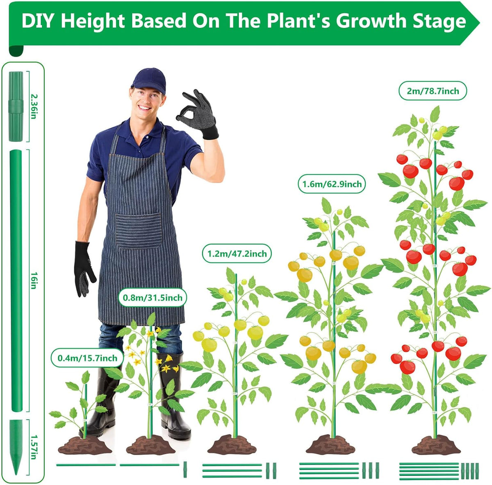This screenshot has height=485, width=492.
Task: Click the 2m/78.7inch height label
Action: [433, 91]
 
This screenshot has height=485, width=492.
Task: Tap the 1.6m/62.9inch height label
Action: [332, 184]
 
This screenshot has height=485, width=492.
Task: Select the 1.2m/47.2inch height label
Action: [237, 253]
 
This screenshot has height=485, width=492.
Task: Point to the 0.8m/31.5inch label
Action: [153, 297]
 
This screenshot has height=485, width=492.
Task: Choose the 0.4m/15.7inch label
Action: [87, 358]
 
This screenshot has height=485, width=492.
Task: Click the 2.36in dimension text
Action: [34, 106]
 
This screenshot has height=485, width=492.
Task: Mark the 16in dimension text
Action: [34, 280]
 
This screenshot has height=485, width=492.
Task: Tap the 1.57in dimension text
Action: [34, 447]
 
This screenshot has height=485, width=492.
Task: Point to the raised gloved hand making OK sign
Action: [198, 114]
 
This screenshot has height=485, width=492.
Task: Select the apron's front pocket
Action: [139, 230]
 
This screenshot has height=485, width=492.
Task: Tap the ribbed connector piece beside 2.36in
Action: [16, 106]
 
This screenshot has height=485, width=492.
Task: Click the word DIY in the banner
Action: [38, 21]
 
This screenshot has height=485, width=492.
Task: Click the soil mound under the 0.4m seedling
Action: [85, 445]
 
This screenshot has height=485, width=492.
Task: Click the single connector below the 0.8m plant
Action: [185, 469]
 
